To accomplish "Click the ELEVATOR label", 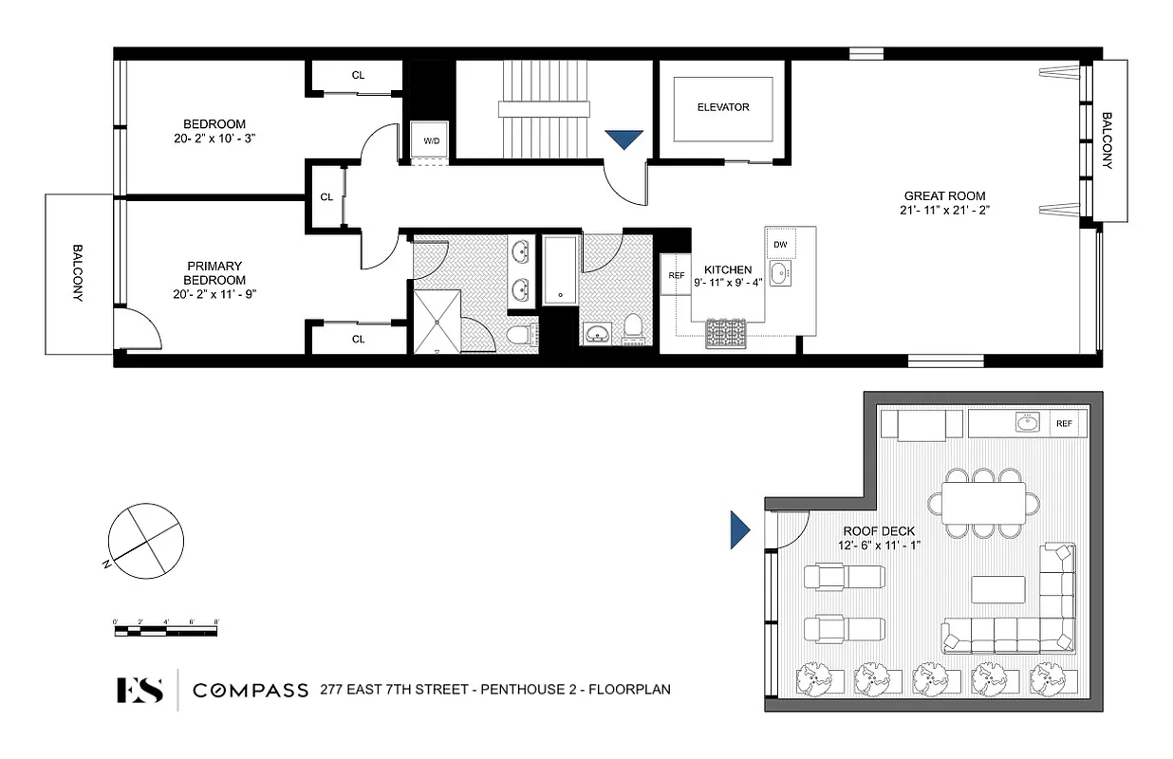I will (723, 107).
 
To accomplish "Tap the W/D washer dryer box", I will (431, 141).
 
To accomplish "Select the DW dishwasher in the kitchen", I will (780, 245).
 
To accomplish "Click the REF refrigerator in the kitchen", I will (676, 276).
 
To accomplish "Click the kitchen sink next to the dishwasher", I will (780, 276).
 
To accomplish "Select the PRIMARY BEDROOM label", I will (215, 273).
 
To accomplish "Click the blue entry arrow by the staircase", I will (624, 139).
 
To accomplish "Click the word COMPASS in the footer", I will (251, 690).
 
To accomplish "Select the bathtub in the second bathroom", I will (560, 270).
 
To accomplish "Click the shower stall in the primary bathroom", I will (438, 321).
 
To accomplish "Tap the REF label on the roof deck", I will (1064, 424).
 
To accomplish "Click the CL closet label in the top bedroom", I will (358, 75).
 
